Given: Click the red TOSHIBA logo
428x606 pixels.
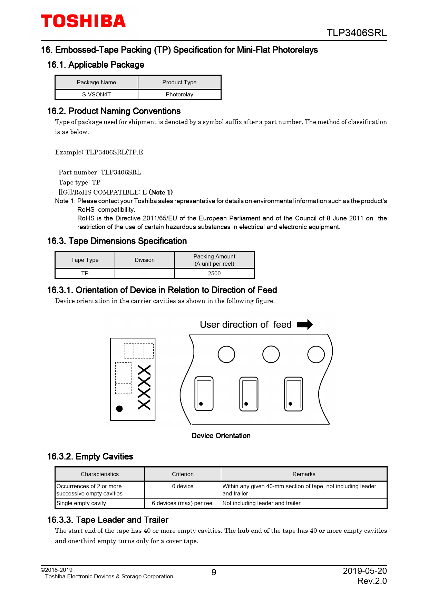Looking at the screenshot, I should point(83,21).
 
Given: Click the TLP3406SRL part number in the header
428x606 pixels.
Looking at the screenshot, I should point(356,33).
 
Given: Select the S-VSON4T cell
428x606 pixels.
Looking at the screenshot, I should point(96,94).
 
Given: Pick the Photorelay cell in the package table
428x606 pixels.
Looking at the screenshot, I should point(179,94).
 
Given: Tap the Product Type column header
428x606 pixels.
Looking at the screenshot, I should point(179,82).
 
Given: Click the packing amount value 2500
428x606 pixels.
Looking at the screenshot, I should point(214,273).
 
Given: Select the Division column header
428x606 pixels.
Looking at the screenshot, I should point(144,260).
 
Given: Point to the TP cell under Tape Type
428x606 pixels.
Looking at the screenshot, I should point(85,273).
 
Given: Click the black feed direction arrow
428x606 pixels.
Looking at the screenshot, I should point(304,324).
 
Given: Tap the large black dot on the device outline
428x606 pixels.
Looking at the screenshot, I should point(119,409).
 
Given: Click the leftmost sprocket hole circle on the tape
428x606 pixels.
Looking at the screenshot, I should point(226,354).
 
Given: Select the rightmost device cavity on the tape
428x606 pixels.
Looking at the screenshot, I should point(293,394).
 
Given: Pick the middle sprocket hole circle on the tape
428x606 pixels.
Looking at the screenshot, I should point(271,354).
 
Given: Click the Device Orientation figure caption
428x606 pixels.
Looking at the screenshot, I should point(221,436).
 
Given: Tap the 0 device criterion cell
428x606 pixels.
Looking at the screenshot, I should point(183,486).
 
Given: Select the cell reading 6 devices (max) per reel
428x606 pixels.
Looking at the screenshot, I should point(183,503).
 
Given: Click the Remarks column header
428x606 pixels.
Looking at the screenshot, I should point(304,474).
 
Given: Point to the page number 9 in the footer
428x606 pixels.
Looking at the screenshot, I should point(214,572).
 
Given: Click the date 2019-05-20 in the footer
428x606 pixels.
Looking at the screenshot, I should point(364,571).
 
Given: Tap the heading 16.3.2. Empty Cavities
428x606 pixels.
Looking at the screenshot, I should point(90,456).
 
